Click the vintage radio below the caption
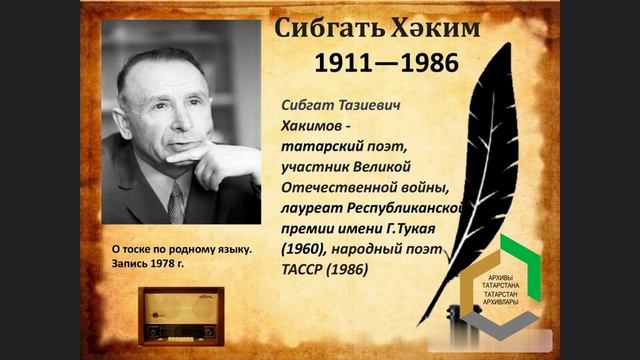click(181, 315)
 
